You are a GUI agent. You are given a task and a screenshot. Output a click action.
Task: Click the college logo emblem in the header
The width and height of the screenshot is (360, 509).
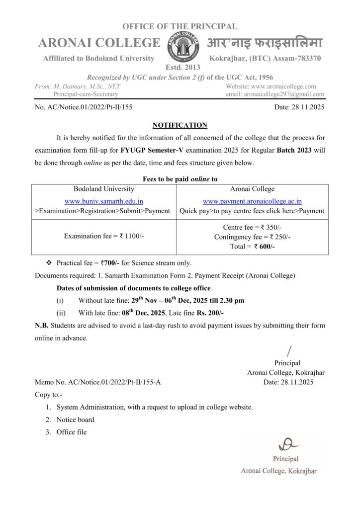(180, 44)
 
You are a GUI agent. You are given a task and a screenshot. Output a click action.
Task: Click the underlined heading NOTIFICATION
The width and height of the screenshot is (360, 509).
(180, 125)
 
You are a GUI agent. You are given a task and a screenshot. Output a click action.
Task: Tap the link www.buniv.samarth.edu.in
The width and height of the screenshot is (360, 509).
(104, 201)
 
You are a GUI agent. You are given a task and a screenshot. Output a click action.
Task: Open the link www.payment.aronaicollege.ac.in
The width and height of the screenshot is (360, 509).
(253, 201)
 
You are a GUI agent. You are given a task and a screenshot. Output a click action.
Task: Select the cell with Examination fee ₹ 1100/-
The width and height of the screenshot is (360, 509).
(104, 236)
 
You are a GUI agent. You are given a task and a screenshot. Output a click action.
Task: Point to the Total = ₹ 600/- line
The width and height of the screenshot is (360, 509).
(253, 246)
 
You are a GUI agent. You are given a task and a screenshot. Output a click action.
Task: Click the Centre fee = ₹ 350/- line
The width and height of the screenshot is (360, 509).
(253, 228)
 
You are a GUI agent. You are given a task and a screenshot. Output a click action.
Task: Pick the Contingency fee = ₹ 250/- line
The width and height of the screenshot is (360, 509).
(253, 237)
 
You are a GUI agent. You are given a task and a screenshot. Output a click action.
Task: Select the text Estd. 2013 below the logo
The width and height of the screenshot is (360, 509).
(180, 67)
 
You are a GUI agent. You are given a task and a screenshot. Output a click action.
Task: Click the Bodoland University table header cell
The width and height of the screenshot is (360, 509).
(104, 189)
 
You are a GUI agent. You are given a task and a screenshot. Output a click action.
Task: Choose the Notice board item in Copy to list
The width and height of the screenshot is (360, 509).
(75, 420)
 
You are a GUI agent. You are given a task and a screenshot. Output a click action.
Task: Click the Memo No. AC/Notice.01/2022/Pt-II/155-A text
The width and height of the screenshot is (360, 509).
(98, 382)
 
